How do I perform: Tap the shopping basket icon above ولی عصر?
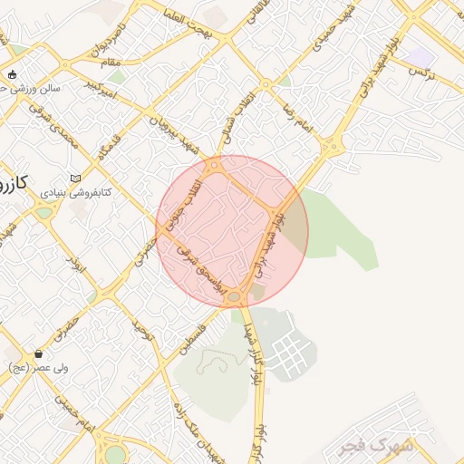click(37, 353)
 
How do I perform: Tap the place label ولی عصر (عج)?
click(34, 368)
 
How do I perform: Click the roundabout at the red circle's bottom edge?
click(235, 296)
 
